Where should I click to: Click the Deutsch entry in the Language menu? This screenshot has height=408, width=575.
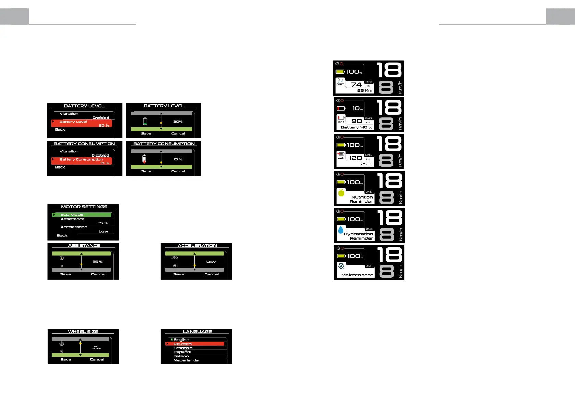click(x=183, y=344)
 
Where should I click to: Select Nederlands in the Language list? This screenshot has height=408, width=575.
click(x=186, y=360)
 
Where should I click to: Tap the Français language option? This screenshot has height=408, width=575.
click(x=183, y=348)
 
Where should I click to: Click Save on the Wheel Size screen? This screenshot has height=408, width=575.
click(x=66, y=359)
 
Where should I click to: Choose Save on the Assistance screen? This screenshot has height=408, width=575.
click(x=65, y=274)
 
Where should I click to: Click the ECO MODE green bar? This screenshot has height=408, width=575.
click(x=82, y=215)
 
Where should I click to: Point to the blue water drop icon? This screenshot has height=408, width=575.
click(x=340, y=230)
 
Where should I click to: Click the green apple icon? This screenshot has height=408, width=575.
click(x=341, y=193)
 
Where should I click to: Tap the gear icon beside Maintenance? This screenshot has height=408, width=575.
click(x=341, y=266)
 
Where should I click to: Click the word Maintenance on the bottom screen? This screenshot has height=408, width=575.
click(x=357, y=275)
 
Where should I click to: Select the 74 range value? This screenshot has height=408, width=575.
click(x=356, y=84)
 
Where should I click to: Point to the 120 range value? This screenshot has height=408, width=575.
click(x=356, y=158)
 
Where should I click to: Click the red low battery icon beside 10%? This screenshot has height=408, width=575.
click(x=341, y=108)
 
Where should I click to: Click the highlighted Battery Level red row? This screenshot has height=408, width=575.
click(x=82, y=123)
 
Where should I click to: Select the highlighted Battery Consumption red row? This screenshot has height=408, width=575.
click(x=82, y=161)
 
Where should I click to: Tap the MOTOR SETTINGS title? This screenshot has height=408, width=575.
click(x=84, y=207)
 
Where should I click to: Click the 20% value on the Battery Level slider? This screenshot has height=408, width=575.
click(x=178, y=122)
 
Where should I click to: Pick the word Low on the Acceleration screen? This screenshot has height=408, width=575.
click(x=211, y=262)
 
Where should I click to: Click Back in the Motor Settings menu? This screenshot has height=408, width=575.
click(x=62, y=236)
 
